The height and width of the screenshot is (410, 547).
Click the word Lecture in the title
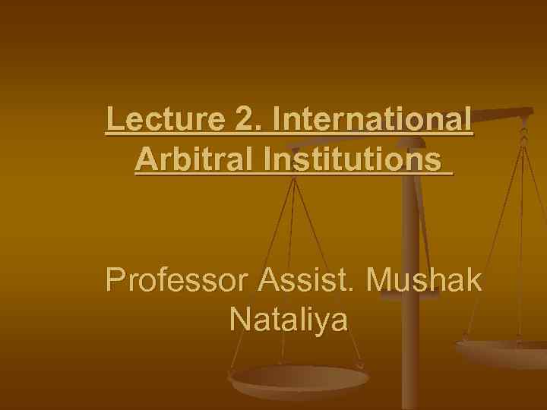tap(155, 120)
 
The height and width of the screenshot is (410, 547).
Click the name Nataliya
tap(288, 320)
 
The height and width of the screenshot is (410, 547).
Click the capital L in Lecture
tap(114, 120)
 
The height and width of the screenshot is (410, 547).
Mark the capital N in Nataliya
tap(238, 320)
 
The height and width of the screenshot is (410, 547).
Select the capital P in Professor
tap(115, 280)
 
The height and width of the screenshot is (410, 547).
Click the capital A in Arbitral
tap(145, 160)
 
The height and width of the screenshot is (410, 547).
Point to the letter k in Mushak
tap(473, 280)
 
